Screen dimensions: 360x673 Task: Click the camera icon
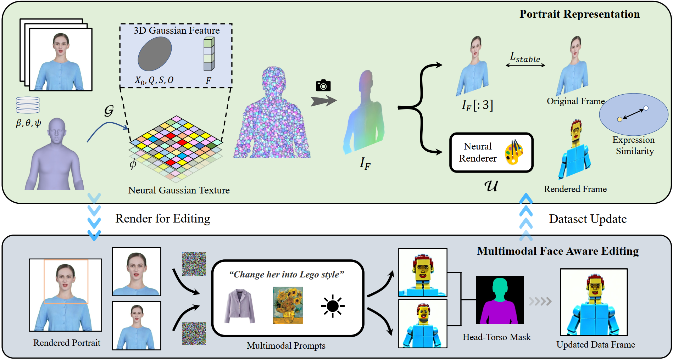pos(323,85)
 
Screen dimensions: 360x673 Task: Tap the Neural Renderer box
pos(491,153)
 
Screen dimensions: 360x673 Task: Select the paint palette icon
pos(514,152)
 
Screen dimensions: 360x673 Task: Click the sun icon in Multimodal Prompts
pos(332,306)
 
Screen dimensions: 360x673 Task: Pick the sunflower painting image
pos(288,305)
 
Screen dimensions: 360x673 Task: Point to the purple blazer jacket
pos(240,306)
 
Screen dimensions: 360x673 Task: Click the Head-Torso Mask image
pos(499,300)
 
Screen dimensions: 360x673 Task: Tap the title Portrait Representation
pos(579,14)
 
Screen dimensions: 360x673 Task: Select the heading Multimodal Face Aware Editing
pos(557,251)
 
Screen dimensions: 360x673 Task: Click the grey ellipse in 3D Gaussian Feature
pos(155,54)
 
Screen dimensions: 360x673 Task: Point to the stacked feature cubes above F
pos(209,54)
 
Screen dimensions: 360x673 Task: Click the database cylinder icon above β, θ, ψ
pos(28,105)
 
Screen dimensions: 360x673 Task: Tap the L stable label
pos(525,57)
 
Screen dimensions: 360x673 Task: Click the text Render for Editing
pos(163,219)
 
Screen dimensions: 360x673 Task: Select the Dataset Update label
pos(588,219)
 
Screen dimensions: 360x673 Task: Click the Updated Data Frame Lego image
pos(594,302)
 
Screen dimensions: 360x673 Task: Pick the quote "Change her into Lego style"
pos(287,275)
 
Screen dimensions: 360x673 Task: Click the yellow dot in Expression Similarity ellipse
pos(619,119)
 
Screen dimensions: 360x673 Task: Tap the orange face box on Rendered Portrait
pos(66,282)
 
